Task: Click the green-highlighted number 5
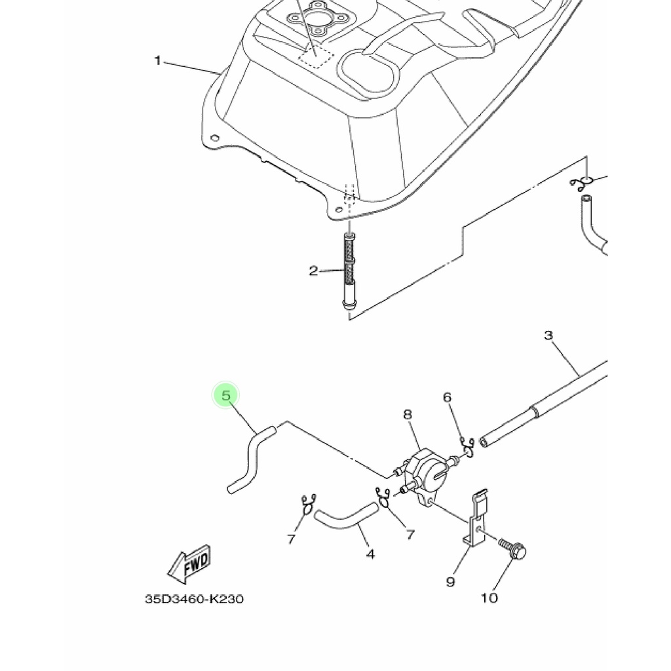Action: tap(226, 395)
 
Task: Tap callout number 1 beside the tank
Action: tap(157, 61)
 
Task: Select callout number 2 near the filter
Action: tap(313, 271)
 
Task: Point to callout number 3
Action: tap(548, 335)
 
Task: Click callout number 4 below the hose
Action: tap(371, 554)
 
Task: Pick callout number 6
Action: tap(447, 398)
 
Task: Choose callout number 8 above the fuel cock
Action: tap(408, 414)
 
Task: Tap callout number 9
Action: tap(450, 582)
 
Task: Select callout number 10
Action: tap(489, 598)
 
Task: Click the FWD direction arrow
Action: tap(189, 564)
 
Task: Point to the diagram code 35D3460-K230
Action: tap(194, 599)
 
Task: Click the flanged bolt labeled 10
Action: tap(512, 549)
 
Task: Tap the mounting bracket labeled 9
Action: tap(476, 519)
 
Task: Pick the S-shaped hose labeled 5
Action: tap(251, 459)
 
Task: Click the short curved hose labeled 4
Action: tap(346, 516)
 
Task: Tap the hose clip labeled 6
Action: tap(467, 447)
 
